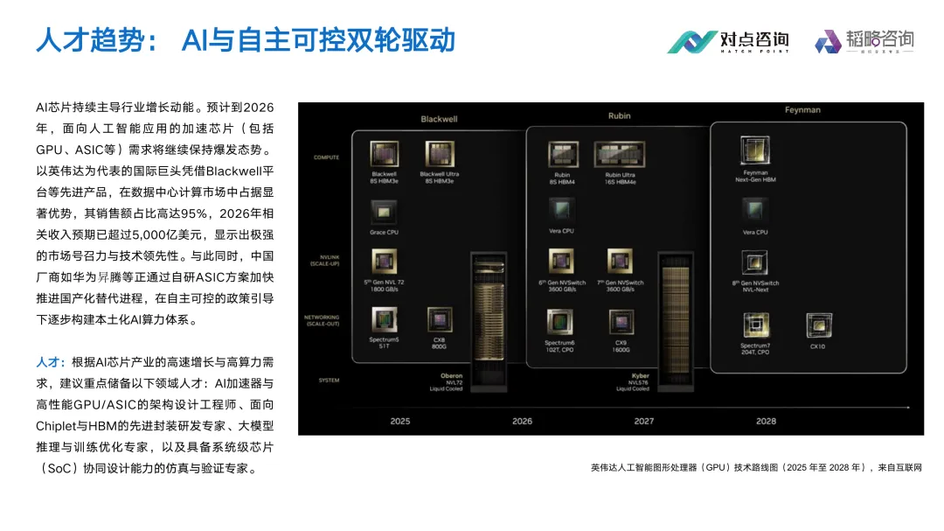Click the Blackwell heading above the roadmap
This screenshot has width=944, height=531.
pos(439,119)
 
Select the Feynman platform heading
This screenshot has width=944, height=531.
pos(802,110)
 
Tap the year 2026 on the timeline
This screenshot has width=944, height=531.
pos(522,421)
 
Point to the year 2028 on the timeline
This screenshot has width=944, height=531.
pos(766,421)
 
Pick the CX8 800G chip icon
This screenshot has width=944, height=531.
pos(439,320)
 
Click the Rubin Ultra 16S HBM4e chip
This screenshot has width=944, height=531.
pos(619,154)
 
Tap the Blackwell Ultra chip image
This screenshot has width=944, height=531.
pos(439,154)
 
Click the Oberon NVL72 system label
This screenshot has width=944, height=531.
pos(451,381)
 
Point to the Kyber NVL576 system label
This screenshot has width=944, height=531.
pos(639,381)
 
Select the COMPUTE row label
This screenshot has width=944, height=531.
pos(326,157)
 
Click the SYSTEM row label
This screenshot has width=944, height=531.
pos(328,381)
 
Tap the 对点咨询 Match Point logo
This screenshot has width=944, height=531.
pos(728,40)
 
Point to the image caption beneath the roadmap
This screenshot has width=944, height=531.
pos(755,467)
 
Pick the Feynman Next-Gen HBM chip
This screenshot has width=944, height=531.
pos(754,150)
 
